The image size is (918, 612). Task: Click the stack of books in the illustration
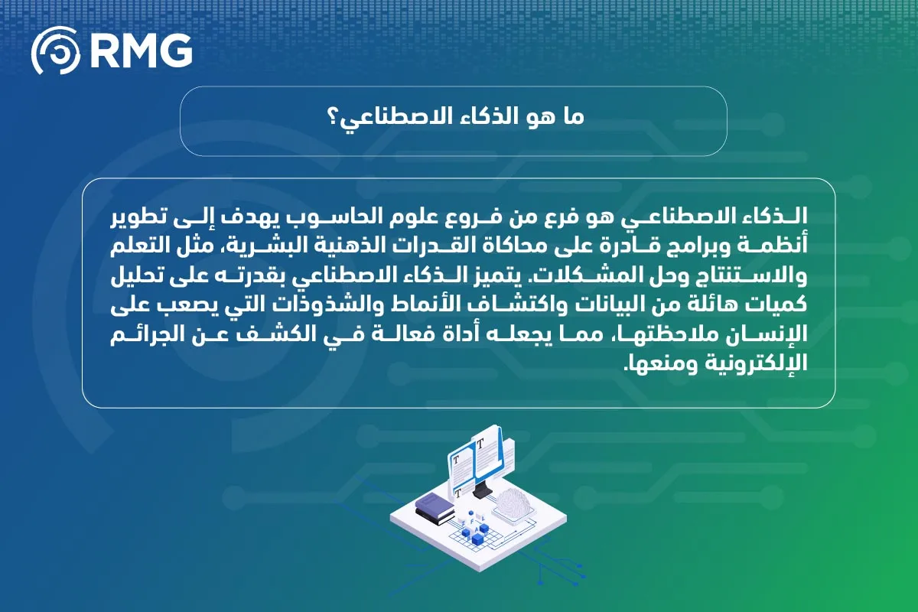click(x=435, y=509)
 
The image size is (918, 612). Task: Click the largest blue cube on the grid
click(x=477, y=540)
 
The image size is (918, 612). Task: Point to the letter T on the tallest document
click(x=479, y=443)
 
